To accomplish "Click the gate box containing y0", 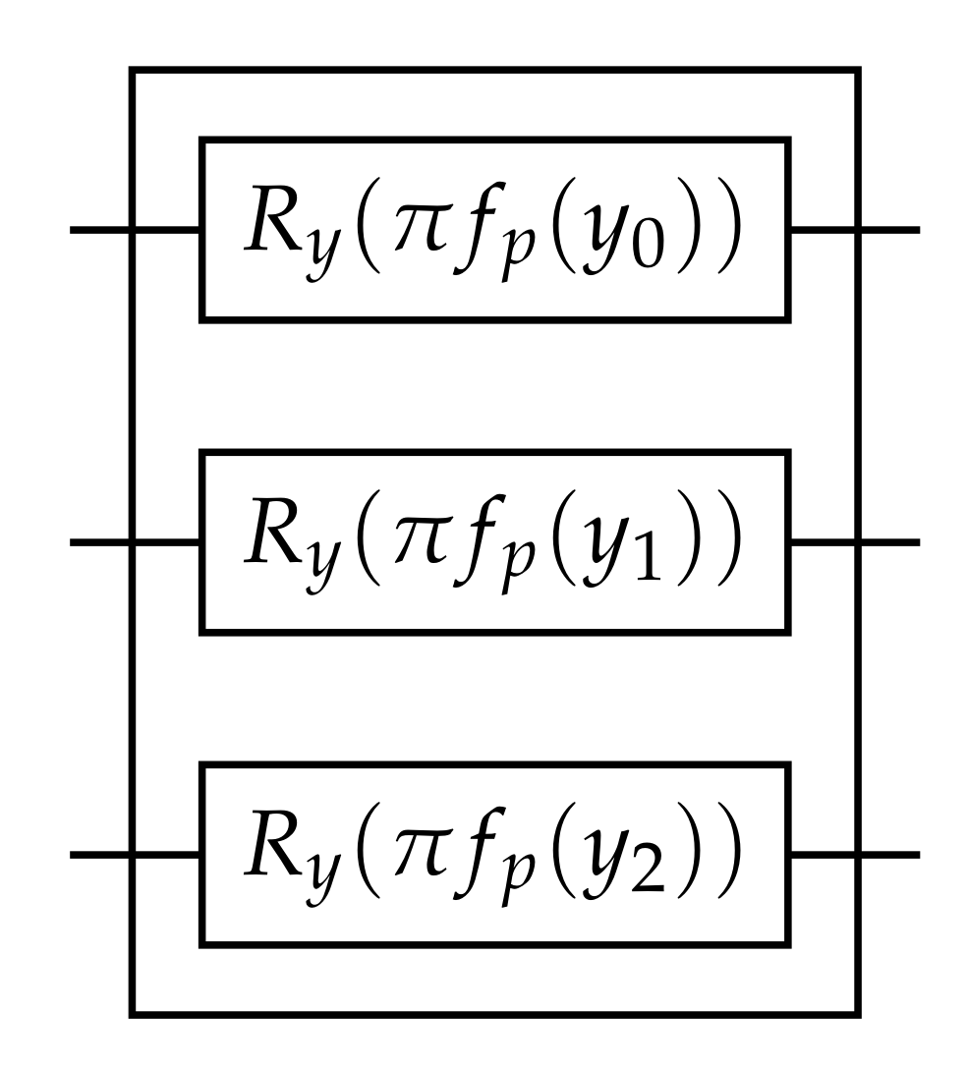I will (494, 229).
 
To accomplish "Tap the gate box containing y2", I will (494, 855).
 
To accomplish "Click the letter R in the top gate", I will (270, 223).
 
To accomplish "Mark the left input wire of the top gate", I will (98, 231).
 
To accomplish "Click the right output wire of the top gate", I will (889, 231).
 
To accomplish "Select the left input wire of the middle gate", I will (98, 541).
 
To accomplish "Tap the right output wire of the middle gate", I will (889, 541).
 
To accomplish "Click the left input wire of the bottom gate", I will (98, 855).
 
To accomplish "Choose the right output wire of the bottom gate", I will (889, 855).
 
